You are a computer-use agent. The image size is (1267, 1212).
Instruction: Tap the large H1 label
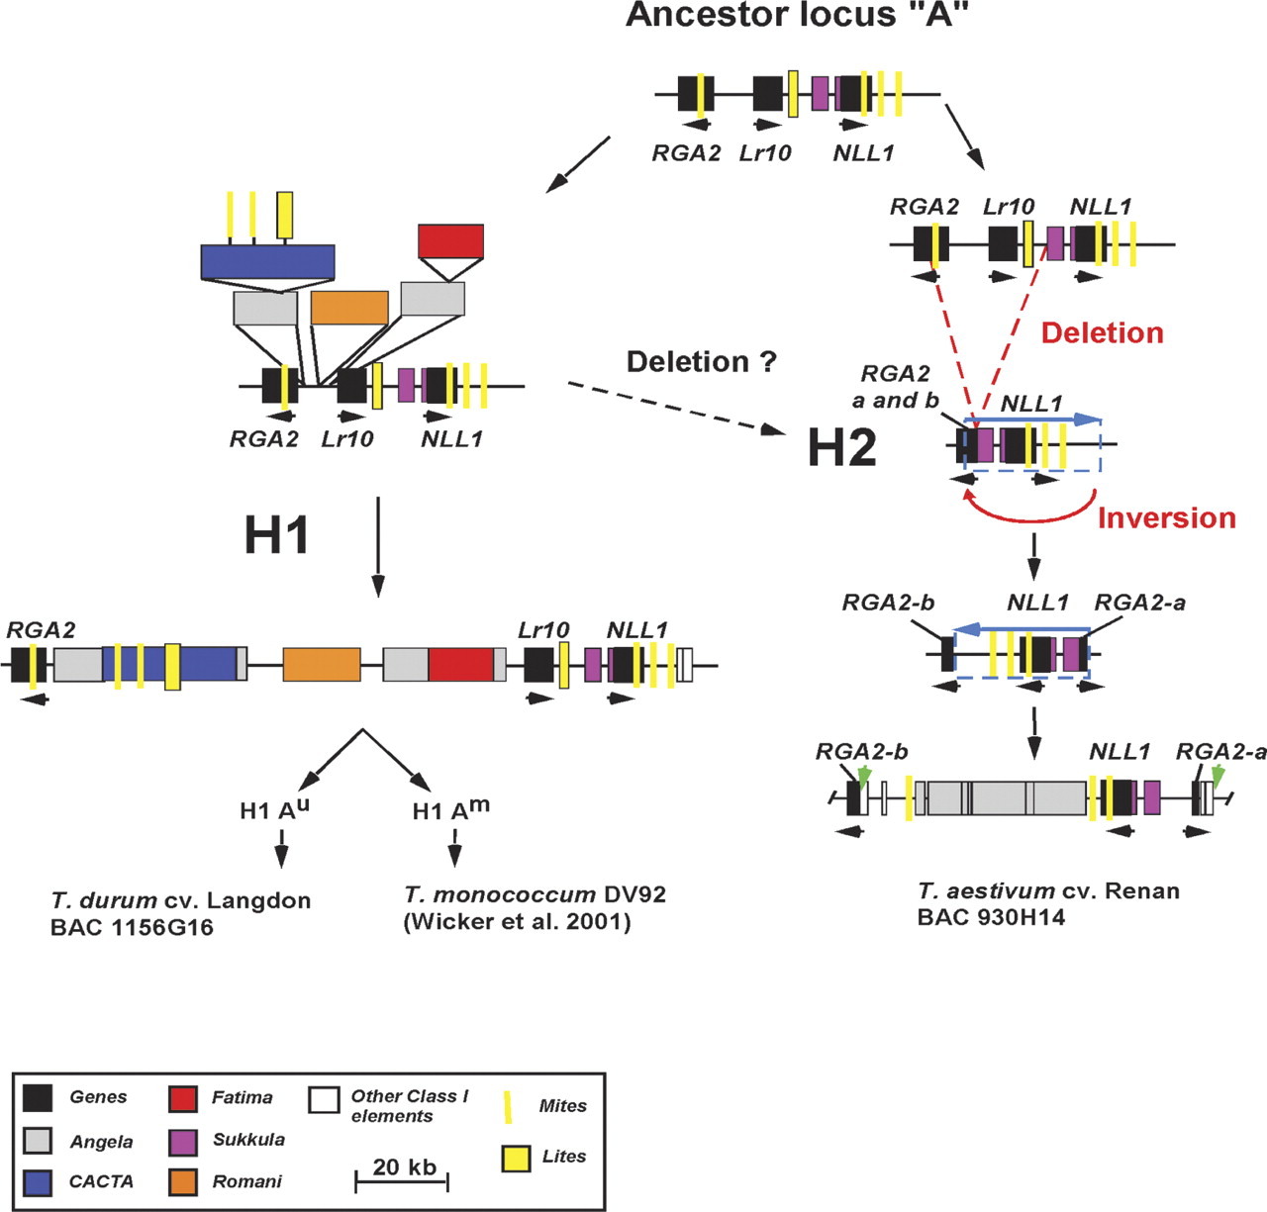[276, 535]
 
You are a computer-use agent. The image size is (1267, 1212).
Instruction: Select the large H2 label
[841, 447]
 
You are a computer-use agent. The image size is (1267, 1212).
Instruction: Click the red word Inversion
[1166, 518]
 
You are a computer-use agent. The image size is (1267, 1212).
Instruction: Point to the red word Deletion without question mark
[1102, 333]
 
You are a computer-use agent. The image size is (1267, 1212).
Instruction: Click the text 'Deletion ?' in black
[702, 362]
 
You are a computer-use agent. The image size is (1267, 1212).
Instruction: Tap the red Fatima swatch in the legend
[184, 1098]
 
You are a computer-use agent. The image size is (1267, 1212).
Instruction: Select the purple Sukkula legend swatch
[184, 1141]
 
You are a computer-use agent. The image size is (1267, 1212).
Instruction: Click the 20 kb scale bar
[402, 1180]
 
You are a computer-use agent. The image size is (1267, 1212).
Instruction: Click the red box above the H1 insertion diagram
[450, 240]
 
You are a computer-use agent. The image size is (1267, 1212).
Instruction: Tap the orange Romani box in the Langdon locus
[322, 664]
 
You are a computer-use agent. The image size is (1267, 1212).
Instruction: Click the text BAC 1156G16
[132, 928]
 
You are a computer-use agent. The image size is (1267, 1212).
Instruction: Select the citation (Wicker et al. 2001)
[517, 922]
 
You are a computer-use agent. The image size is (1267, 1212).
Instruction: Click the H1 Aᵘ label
[274, 809]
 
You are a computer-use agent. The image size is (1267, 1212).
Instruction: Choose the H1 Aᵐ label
[450, 810]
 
